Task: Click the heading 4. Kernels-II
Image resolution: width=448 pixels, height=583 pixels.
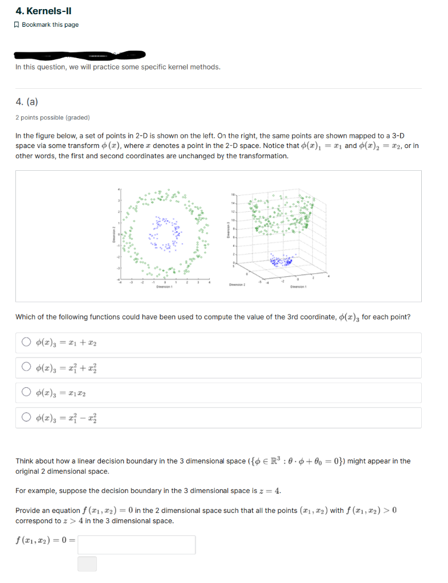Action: [43, 11]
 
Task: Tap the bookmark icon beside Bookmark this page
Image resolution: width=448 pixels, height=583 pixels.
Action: [18, 24]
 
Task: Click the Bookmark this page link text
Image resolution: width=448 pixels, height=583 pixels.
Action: [50, 24]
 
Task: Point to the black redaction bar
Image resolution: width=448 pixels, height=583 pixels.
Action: [80, 55]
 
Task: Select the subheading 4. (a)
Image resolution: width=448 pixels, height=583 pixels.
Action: [27, 102]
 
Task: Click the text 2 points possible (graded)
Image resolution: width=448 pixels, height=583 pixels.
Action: [52, 118]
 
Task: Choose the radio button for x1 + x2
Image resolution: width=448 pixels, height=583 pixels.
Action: [26, 343]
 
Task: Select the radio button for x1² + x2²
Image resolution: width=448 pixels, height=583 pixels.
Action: [26, 368]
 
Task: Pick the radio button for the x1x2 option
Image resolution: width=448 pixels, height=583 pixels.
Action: [26, 393]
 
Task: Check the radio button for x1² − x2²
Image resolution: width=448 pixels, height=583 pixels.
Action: [26, 418]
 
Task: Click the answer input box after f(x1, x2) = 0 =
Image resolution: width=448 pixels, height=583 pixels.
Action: [137, 545]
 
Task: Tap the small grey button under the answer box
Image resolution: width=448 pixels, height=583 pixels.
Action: [87, 564]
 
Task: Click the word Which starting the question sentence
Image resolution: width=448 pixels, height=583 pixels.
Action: [26, 317]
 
